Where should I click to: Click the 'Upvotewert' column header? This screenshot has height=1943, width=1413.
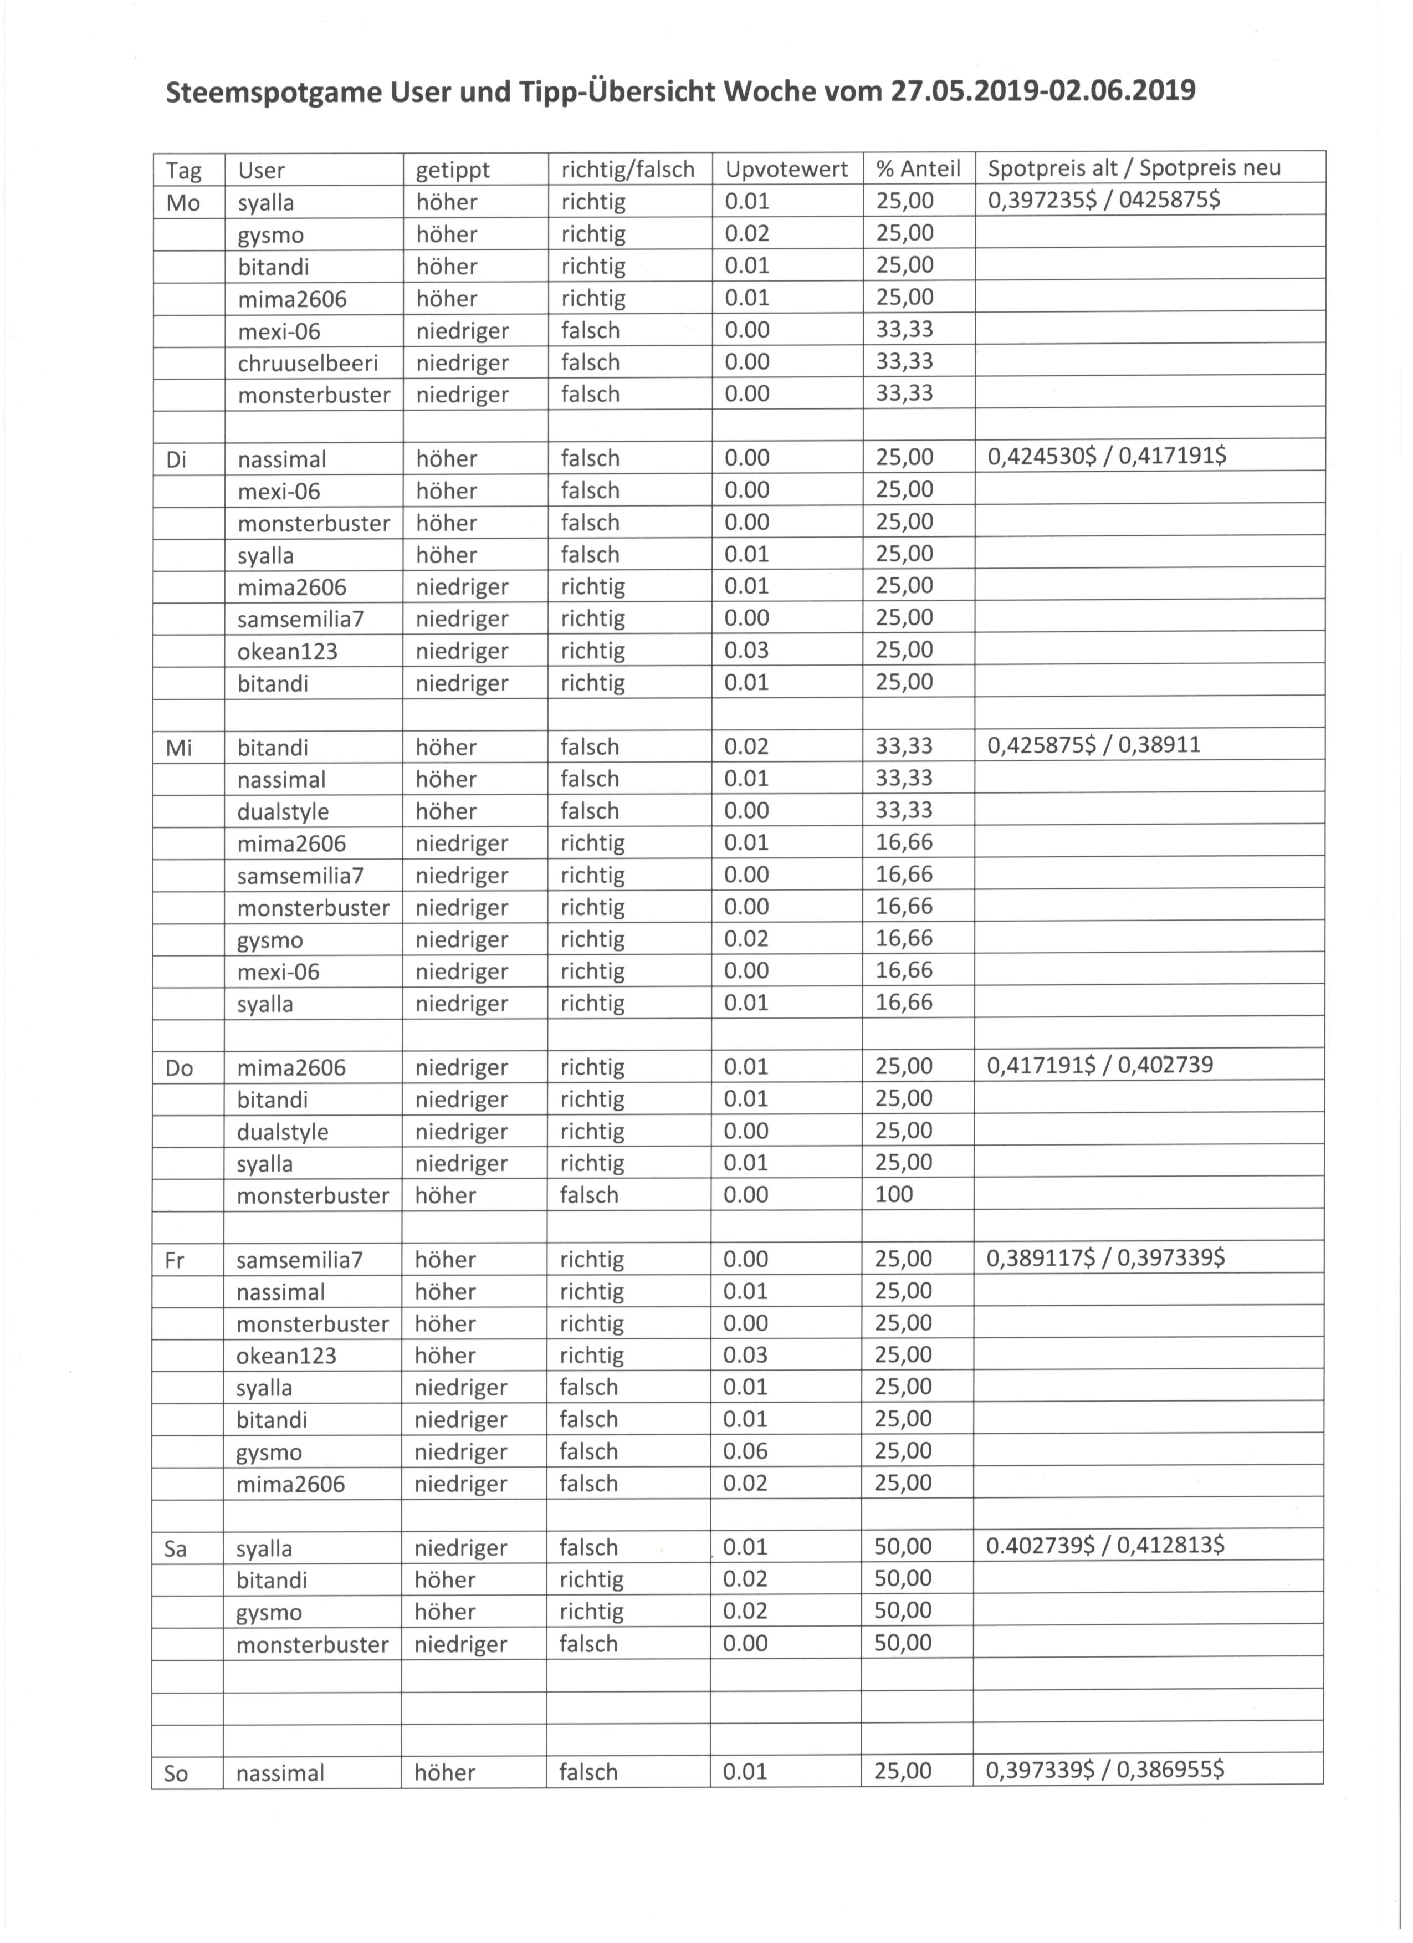point(786,170)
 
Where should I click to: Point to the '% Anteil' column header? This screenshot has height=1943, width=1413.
point(918,170)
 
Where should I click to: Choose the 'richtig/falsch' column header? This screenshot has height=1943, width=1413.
point(628,170)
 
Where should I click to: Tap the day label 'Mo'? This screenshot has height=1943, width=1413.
point(182,203)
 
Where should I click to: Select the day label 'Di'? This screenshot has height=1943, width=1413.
point(176,459)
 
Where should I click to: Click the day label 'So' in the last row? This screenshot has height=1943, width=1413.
point(176,1772)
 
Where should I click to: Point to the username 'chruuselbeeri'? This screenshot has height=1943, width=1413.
point(308,363)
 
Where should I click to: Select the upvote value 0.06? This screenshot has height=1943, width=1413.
point(745,1450)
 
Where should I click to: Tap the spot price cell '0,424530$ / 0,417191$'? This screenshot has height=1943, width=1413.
point(1107,456)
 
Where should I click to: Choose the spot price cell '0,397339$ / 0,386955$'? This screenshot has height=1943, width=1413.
point(1105,1770)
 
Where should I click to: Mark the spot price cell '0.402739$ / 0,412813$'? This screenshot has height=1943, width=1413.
point(1105,1545)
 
